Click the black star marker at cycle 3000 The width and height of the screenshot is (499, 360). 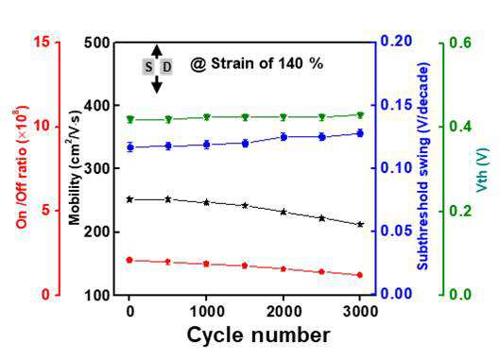360,224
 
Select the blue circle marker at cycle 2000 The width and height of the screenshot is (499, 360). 284,137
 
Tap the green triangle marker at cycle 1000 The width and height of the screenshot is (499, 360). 207,117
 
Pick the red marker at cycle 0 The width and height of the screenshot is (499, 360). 129,261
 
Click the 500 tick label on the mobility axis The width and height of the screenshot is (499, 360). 97,43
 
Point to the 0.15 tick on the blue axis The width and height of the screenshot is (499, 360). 396,105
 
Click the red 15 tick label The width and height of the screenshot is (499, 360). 42,42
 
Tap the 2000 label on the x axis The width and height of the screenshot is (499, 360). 284,311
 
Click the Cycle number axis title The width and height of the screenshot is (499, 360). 258,335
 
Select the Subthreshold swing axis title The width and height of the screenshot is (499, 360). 423,166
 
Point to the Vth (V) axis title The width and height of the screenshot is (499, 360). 482,170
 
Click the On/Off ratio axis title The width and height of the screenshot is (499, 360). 23,168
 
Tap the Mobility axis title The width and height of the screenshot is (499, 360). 75,168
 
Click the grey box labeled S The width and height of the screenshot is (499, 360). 148,67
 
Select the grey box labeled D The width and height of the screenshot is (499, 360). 166,67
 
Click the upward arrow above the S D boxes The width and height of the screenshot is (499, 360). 157,52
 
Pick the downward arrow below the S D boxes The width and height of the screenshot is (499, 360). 157,84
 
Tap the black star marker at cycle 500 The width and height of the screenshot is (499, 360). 168,199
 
